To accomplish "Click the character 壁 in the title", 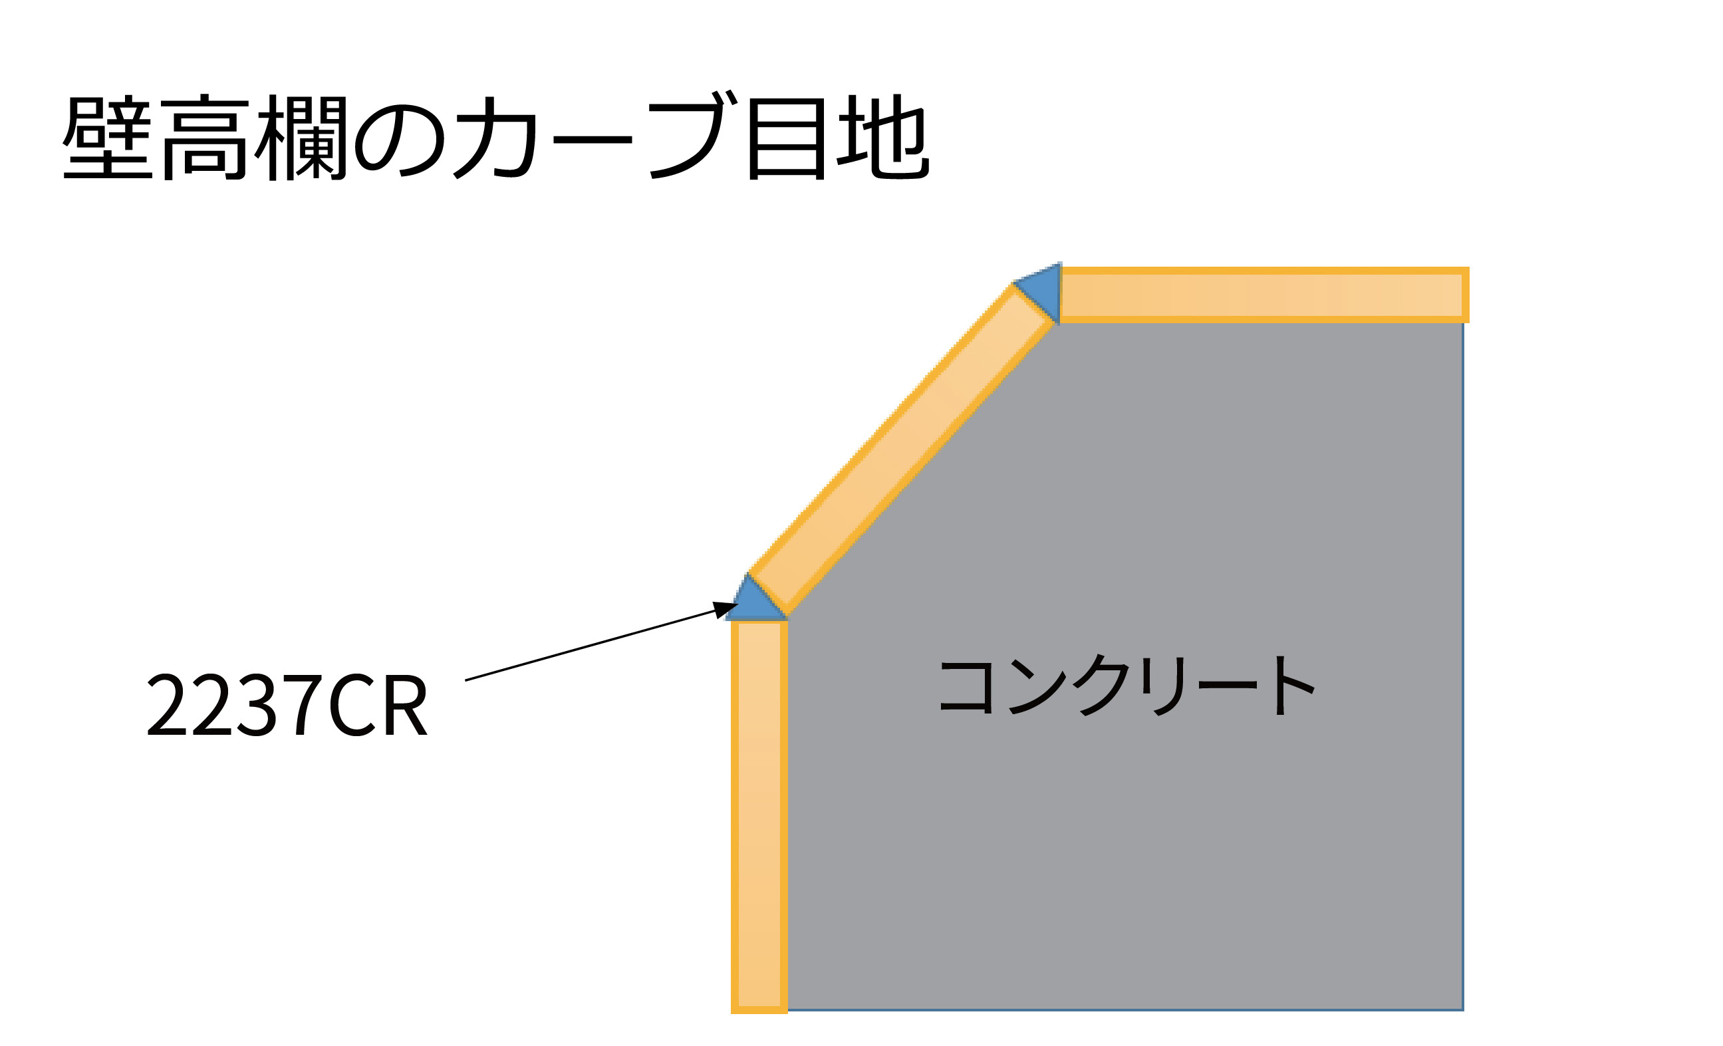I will point(108,137).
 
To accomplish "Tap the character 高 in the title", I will point(204,138).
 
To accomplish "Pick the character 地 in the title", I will point(882,137).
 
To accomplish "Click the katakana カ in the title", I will point(495,138).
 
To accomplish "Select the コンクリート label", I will point(1126,686).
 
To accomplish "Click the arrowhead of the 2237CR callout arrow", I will point(724,609).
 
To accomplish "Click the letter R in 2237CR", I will point(406,706).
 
